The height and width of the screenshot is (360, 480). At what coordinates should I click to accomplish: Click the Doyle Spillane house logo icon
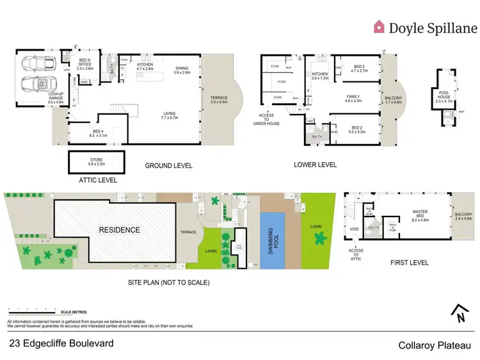tap(380, 26)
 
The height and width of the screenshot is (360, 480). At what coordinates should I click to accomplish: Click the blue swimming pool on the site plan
tap(273, 239)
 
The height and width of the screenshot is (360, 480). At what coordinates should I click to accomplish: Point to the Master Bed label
tap(419, 215)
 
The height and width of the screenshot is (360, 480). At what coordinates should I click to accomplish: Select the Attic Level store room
tap(95, 161)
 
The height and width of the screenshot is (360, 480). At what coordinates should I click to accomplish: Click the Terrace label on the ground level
tap(220, 100)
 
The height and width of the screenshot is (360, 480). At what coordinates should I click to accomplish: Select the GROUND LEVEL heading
tap(169, 165)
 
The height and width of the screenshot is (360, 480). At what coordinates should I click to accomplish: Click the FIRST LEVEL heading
tap(409, 263)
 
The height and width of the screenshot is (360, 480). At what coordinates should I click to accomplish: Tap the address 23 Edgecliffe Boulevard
tap(62, 343)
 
